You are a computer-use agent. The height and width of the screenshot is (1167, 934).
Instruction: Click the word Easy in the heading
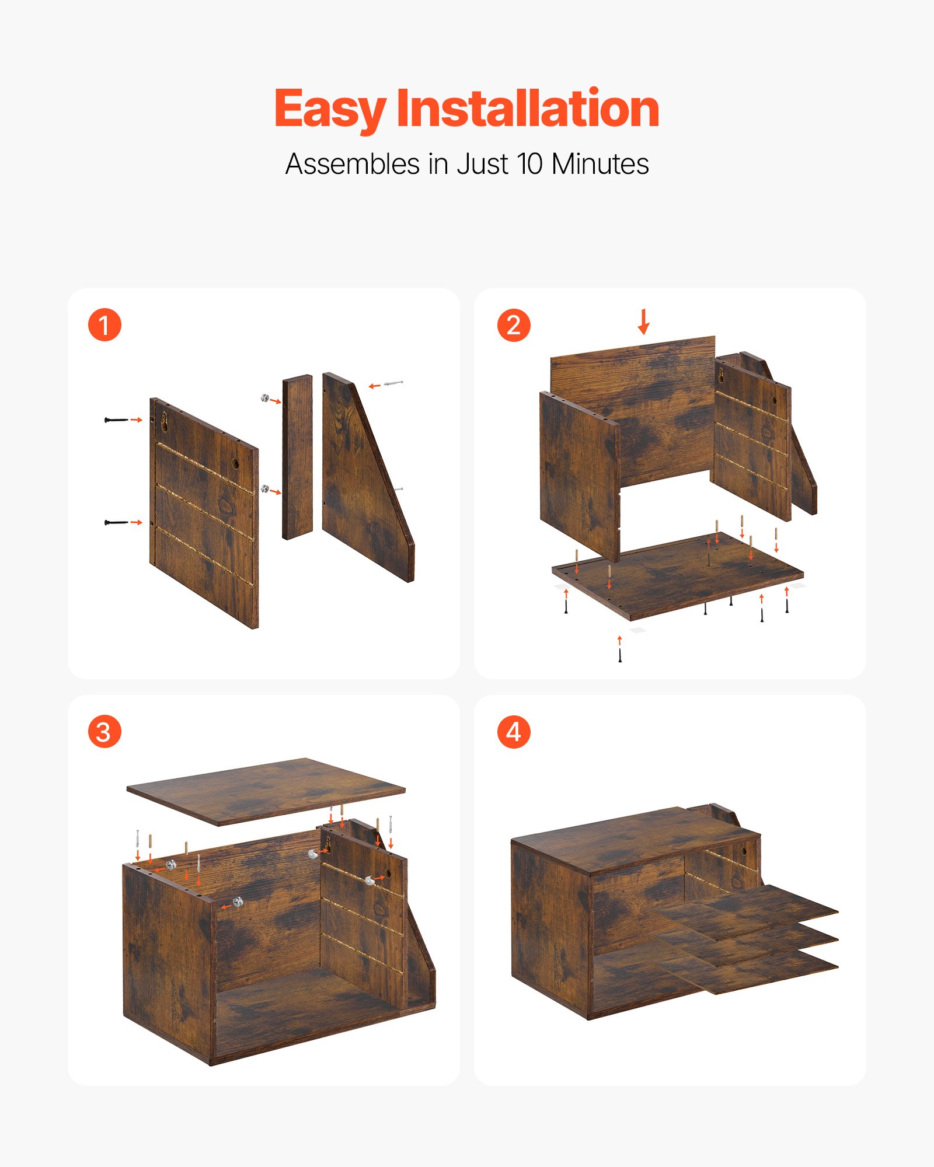[330, 109]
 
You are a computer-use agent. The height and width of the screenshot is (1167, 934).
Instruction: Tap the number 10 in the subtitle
[529, 164]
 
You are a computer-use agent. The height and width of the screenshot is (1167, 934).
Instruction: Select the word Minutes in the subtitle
[600, 164]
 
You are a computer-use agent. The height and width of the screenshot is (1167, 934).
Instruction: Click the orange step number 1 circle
[104, 325]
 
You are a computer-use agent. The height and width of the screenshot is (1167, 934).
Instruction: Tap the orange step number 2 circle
[514, 325]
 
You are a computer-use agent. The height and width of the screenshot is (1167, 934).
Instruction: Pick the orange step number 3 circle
[104, 732]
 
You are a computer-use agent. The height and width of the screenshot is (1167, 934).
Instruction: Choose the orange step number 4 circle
[514, 732]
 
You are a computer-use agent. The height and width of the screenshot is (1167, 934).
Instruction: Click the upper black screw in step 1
[116, 420]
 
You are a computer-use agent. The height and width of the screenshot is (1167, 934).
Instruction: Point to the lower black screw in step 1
[116, 522]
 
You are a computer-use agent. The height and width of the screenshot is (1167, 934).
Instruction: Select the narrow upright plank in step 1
[297, 457]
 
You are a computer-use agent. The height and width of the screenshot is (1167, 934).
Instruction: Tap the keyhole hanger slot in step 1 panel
[165, 421]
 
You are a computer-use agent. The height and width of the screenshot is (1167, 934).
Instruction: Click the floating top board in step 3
[266, 791]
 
